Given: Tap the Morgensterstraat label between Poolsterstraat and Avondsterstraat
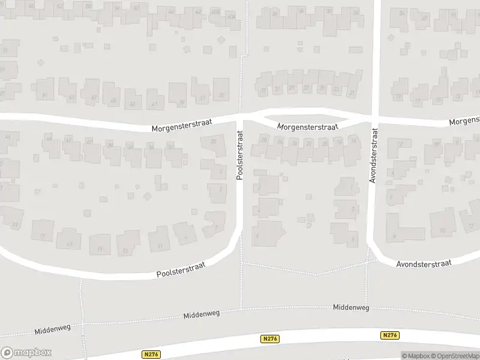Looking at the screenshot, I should click(x=308, y=127).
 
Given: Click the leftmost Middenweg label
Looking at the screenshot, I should click(x=53, y=329).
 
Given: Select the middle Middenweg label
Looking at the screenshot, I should click(x=202, y=314).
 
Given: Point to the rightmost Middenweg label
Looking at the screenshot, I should click(x=351, y=307).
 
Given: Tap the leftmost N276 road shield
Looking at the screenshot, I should click(x=151, y=355).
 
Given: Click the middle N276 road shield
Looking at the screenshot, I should click(x=270, y=338).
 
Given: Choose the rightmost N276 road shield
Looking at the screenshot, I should click(x=389, y=335).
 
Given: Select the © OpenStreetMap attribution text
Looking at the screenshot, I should click(x=454, y=356).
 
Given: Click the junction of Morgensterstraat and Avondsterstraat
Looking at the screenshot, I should click(x=373, y=117).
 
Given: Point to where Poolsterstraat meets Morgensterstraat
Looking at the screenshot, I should click(x=240, y=116).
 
